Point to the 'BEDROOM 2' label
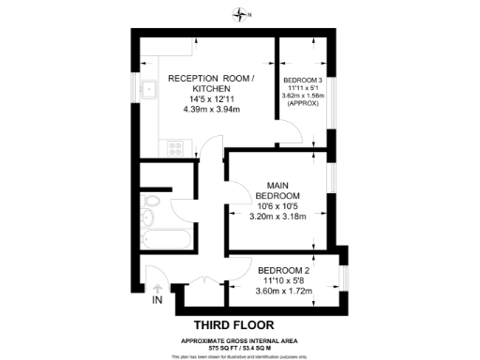pyautogui.click(x=283, y=273)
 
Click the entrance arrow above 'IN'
pyautogui.click(x=157, y=289)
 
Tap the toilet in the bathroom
pyautogui.click(x=148, y=216)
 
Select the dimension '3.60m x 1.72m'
pyautogui.click(x=283, y=291)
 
